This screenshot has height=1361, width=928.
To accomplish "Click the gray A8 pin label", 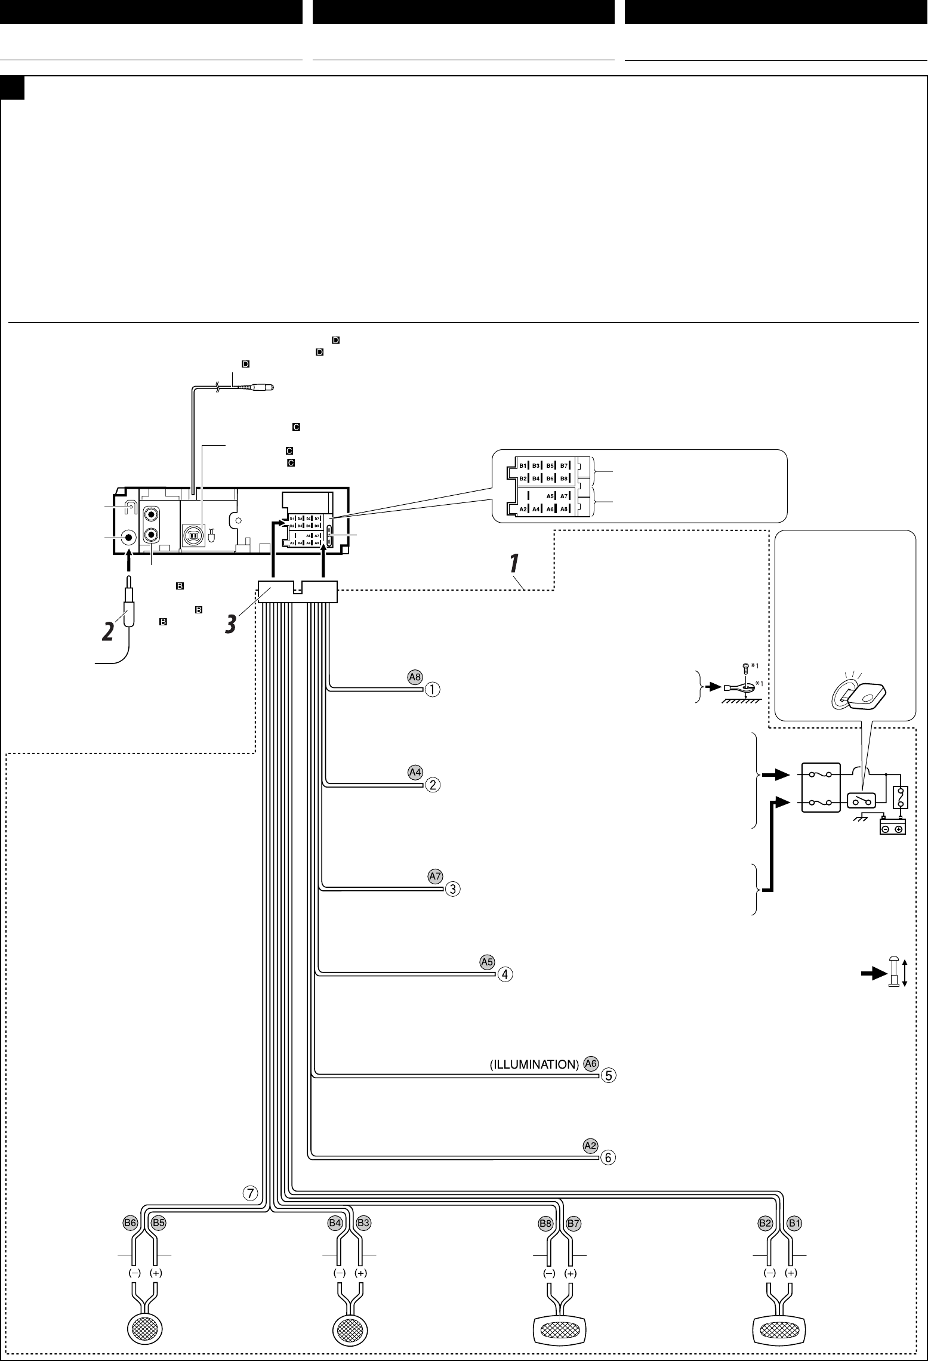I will pos(415,677).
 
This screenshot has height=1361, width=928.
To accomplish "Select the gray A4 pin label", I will pos(415,772).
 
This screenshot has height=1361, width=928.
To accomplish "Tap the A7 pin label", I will pos(435,877).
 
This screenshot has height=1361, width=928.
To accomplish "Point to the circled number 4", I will pos(505,974).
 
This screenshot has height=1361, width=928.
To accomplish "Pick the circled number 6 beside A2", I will pos(608,1158).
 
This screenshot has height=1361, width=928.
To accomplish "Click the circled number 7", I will pos(250,1193).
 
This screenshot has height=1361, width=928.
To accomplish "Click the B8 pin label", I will pos(545,1224).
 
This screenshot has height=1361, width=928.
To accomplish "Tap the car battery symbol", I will pos(893,828).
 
